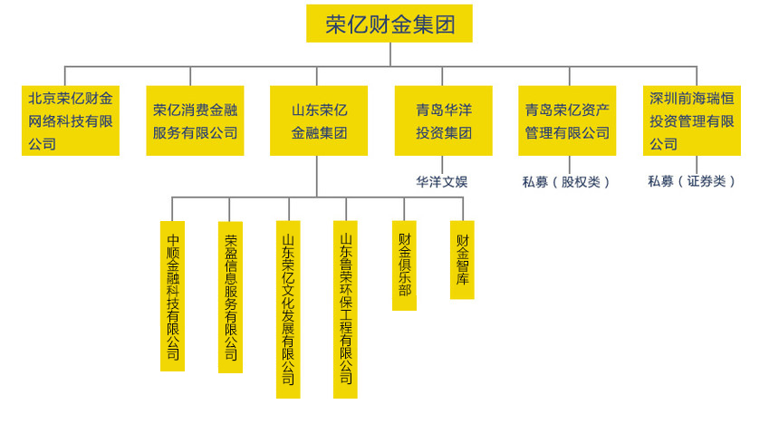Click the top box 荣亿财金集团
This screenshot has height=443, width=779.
pyautogui.click(x=389, y=24)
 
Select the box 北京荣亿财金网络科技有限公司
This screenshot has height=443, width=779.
pyautogui.click(x=71, y=120)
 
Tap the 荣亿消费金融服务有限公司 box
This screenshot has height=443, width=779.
pyautogui.click(x=195, y=120)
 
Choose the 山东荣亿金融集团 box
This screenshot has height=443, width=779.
pyautogui.click(x=319, y=120)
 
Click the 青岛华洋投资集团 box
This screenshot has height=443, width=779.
pyautogui.click(x=443, y=120)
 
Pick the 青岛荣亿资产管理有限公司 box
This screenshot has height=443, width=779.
pyautogui.click(x=567, y=120)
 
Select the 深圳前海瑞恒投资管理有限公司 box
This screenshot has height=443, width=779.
pyautogui.click(x=692, y=120)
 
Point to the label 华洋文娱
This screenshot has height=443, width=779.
pyautogui.click(x=442, y=181)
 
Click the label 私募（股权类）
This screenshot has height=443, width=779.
pyautogui.click(x=566, y=181)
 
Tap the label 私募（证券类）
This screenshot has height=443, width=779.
pyautogui.click(x=691, y=181)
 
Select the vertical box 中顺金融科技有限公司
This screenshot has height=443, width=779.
pyautogui.click(x=172, y=296)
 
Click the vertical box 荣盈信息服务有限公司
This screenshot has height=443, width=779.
pyautogui.click(x=230, y=297)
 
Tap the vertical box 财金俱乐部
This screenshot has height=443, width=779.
pyautogui.click(x=404, y=265)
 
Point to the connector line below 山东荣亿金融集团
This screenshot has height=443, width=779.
pyautogui.click(x=316, y=177)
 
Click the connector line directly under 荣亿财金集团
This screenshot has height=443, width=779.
pyautogui.click(x=389, y=53)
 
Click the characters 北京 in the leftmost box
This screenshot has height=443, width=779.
pyautogui.click(x=41, y=99)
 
